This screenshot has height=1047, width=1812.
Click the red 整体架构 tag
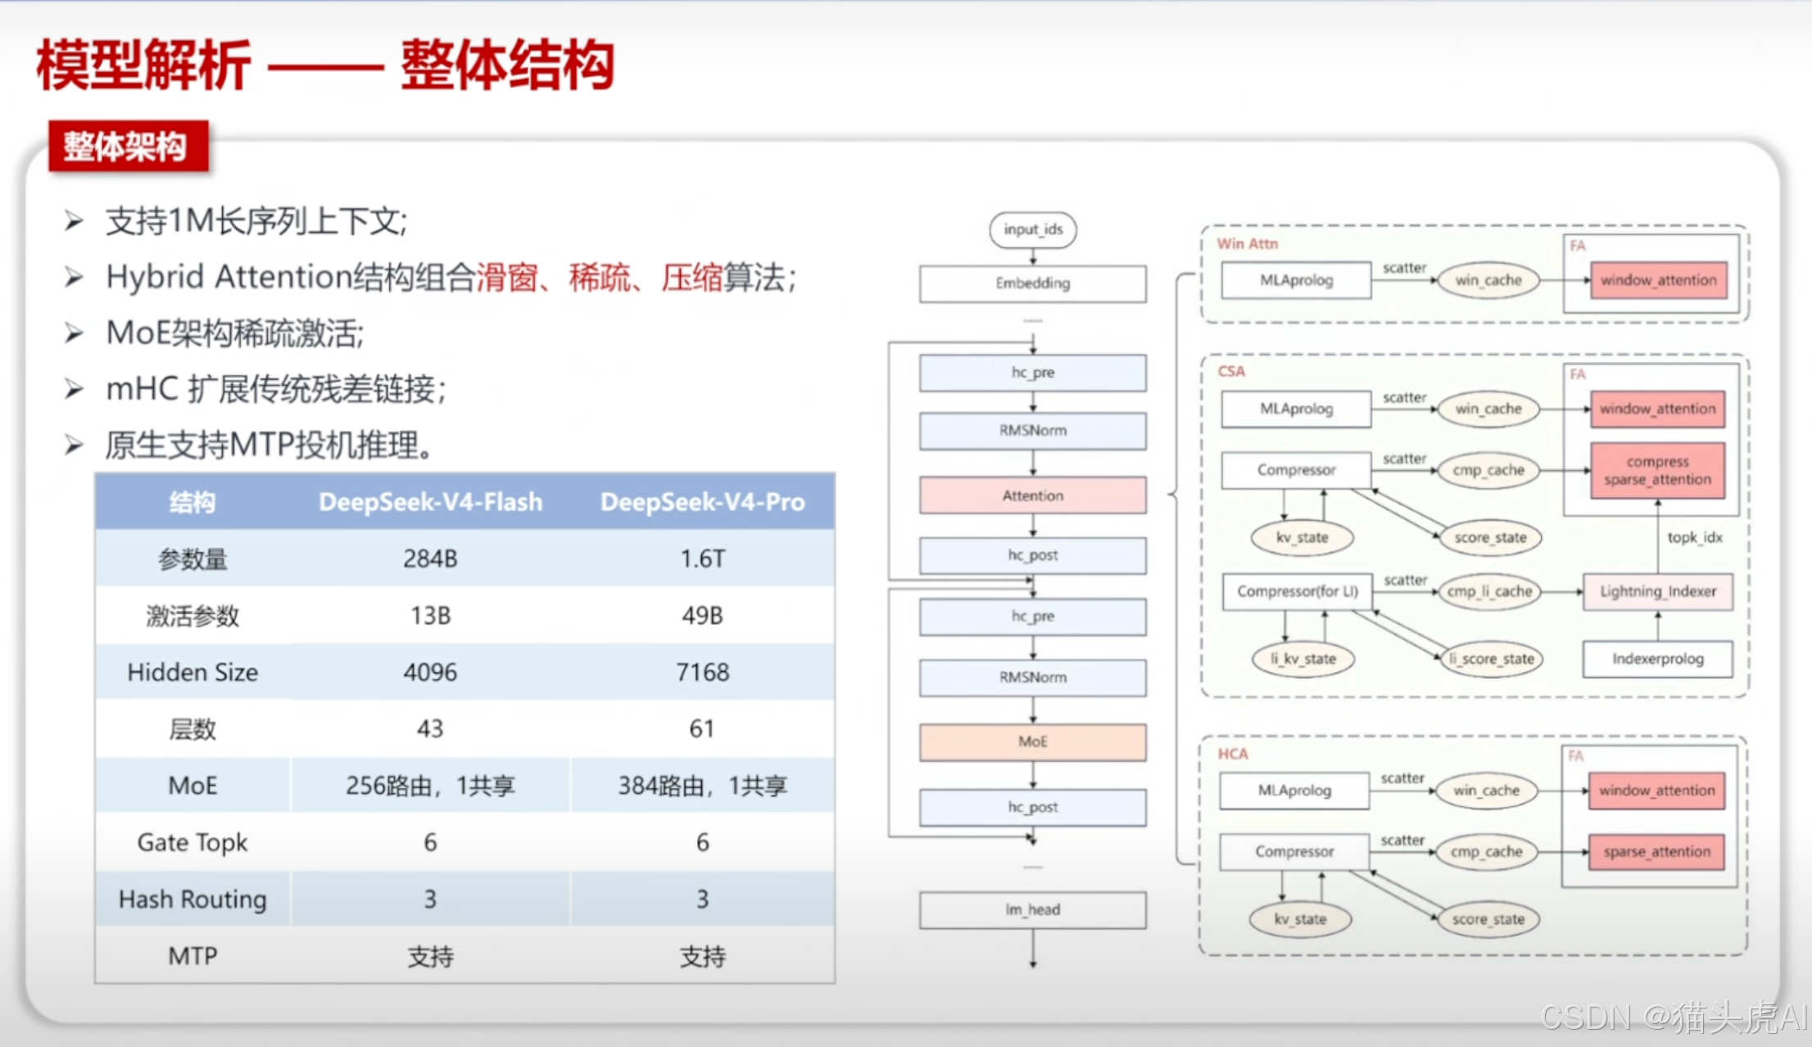coord(128,147)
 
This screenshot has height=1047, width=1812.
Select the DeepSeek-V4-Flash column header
coord(430,501)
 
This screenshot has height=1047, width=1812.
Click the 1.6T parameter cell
coord(702,559)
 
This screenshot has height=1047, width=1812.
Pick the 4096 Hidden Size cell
coord(430,672)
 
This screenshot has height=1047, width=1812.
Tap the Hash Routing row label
coord(193,899)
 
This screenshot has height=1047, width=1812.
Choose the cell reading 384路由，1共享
coord(702,786)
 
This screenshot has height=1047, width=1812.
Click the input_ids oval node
coord(1033,229)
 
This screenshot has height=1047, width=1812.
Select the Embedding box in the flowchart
coord(1033,283)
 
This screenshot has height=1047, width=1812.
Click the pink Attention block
coord(1033,496)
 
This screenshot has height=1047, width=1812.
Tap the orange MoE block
coord(1033,741)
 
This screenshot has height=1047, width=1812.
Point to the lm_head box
coord(1033,909)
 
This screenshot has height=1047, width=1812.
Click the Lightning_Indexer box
coord(1657,591)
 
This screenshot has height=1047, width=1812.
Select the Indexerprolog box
coord(1657,659)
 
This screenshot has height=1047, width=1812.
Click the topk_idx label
coord(1694,537)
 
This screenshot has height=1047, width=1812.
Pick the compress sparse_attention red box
coord(1657,471)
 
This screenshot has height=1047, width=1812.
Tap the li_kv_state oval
coord(1302,659)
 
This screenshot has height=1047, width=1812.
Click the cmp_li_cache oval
coord(1488,591)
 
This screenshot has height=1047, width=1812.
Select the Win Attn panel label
coord(1247,243)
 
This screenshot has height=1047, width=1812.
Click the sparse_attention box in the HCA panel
coord(1656,852)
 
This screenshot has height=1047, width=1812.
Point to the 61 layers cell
coord(702,728)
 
